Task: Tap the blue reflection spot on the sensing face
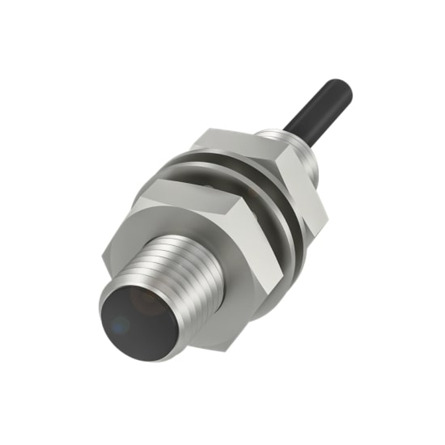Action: [120, 326]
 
